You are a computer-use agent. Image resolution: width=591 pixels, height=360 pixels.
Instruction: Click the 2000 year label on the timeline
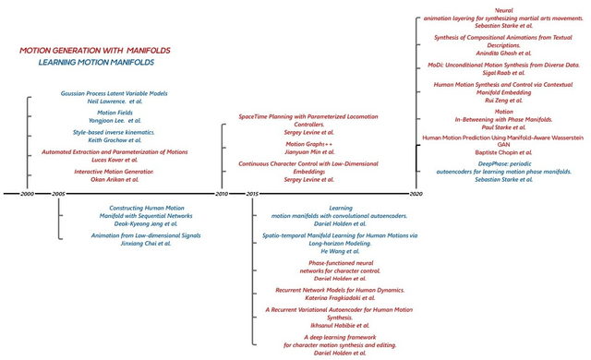[x=27, y=194]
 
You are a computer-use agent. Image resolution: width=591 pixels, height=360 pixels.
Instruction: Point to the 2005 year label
[x=58, y=194]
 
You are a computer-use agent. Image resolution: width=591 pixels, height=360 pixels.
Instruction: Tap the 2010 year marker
[x=222, y=194]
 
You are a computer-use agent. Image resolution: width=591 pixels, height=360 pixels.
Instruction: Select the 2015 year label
[x=253, y=194]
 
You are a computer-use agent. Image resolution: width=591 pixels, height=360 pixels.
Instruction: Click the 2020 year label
[x=416, y=194]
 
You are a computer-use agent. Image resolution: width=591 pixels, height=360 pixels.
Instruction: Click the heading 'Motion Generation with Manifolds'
[x=95, y=50]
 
